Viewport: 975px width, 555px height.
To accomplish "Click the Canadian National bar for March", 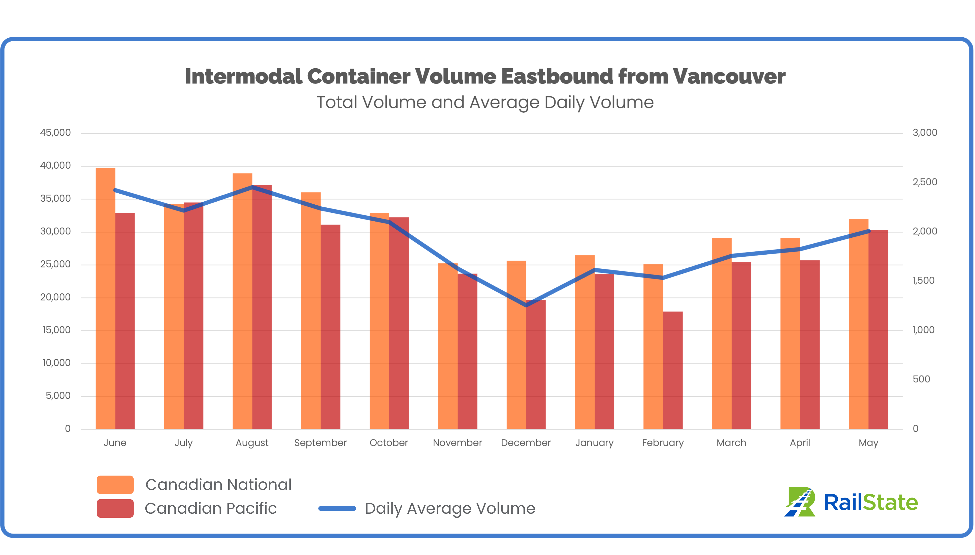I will click(722, 333).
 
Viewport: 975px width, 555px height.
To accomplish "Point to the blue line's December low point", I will click(526, 305).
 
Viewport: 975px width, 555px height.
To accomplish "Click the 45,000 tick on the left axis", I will click(56, 133).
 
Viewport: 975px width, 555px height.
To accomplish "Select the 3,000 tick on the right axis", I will click(925, 133).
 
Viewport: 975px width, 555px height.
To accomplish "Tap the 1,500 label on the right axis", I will click(923, 281).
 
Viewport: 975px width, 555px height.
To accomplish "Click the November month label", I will click(457, 443).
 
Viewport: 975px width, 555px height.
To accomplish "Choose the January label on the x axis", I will click(594, 443).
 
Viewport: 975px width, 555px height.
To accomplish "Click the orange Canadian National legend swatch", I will click(115, 484).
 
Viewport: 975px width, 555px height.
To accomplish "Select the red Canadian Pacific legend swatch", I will click(115, 508).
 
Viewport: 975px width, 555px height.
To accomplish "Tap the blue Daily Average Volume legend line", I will click(337, 508).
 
